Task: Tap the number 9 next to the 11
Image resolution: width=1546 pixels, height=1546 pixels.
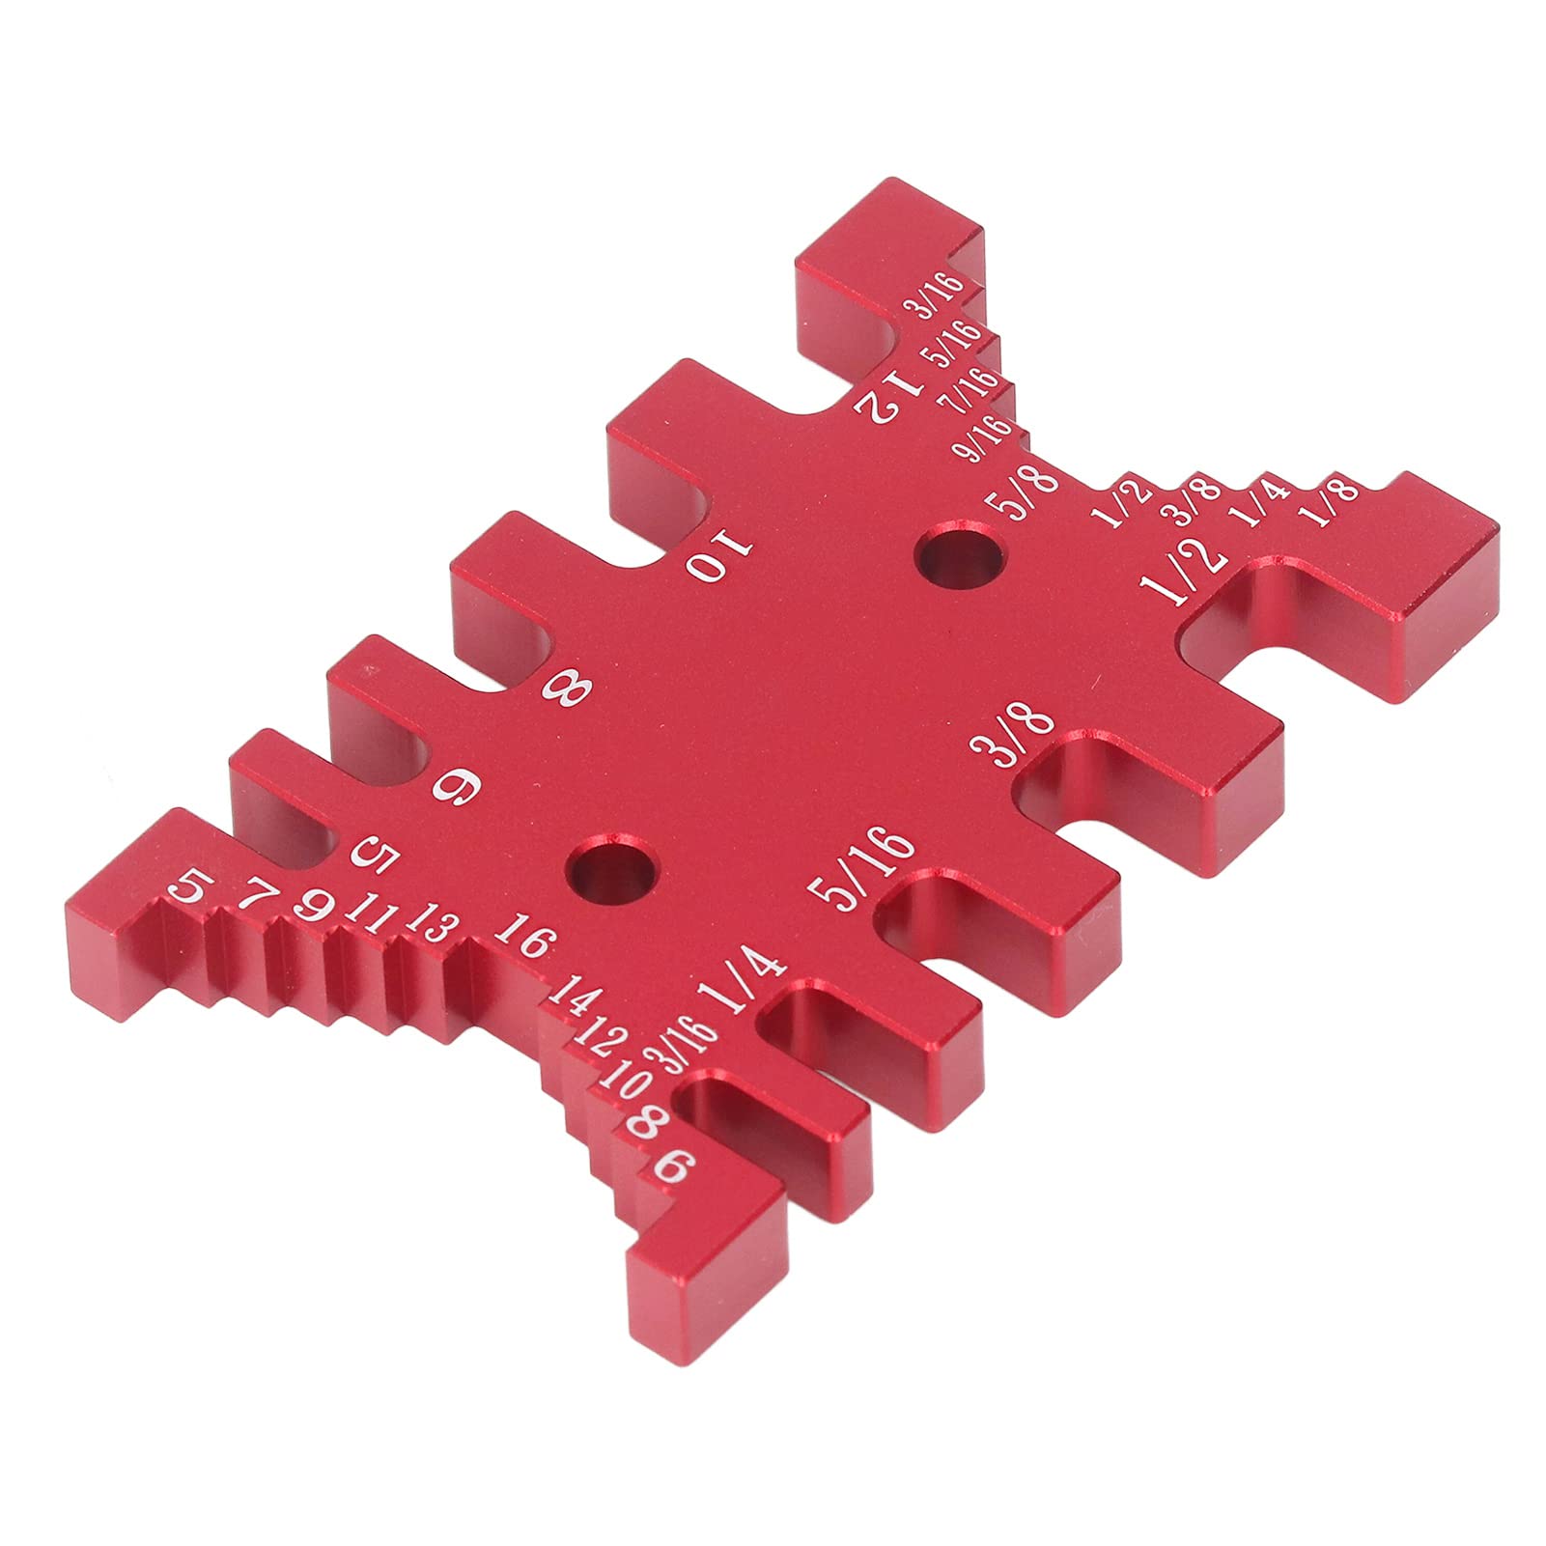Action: [314, 905]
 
